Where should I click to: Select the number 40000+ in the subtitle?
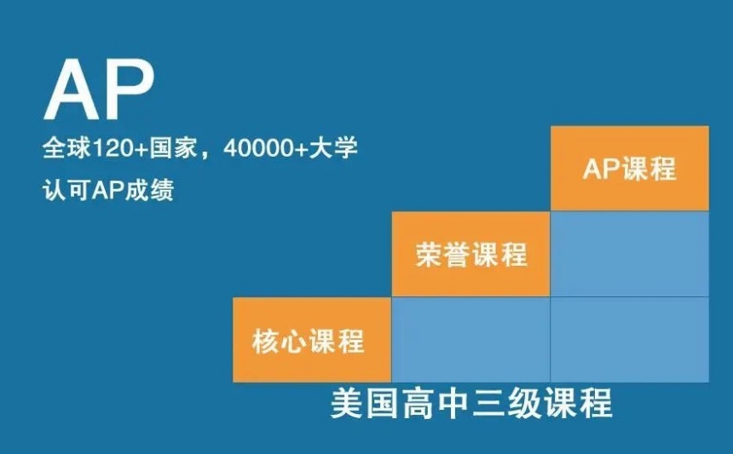pos(266,149)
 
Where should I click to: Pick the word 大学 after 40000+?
pos(334,149)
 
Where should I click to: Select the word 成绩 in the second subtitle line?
pos(149,190)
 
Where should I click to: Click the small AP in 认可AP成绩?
pos(108,190)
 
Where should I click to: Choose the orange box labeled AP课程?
pos(630,168)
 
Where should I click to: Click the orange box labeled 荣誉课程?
pos(470,254)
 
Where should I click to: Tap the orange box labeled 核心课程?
pos(312,340)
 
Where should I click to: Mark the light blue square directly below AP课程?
pos(630,254)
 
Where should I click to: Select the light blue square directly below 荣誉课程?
pos(470,340)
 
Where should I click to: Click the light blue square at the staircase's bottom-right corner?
pos(630,340)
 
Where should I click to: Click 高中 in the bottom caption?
pos(436,403)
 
